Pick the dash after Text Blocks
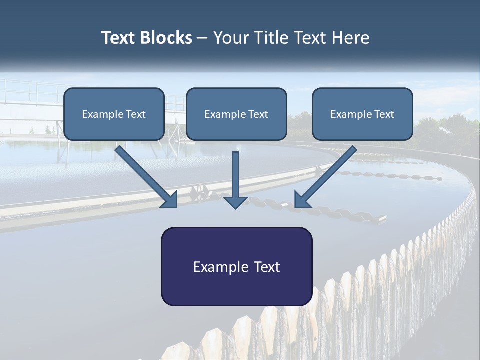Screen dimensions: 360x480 click(203, 38)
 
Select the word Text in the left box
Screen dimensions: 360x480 click(136, 114)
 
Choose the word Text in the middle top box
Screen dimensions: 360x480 click(258, 114)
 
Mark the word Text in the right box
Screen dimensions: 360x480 click(384, 114)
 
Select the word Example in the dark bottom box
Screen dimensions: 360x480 click(221, 267)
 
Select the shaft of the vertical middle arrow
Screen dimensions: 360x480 click(235, 172)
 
